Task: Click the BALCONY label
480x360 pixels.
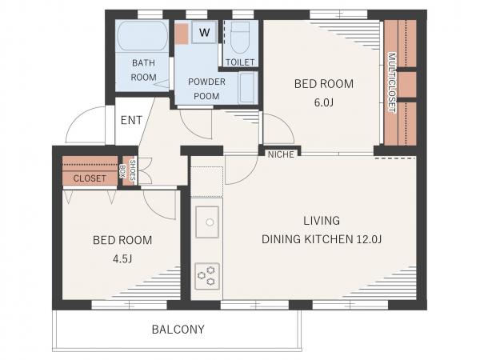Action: pyautogui.click(x=178, y=330)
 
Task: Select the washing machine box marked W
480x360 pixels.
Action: pyautogui.click(x=204, y=32)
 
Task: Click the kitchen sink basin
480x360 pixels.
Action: pyautogui.click(x=207, y=222)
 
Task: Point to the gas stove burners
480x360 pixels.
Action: pyautogui.click(x=207, y=276)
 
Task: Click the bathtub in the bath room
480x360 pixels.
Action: pyautogui.click(x=142, y=36)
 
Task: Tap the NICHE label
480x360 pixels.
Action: pyautogui.click(x=281, y=154)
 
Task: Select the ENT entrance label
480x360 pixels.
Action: pyautogui.click(x=131, y=120)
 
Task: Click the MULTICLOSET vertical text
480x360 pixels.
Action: pyautogui.click(x=392, y=82)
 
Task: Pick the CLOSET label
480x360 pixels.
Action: pyautogui.click(x=90, y=178)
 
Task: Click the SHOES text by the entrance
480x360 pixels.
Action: pyautogui.click(x=133, y=170)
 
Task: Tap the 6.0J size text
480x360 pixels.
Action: pyautogui.click(x=323, y=102)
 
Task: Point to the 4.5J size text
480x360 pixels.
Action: pyautogui.click(x=122, y=259)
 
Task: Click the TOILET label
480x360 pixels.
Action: pyautogui.click(x=240, y=62)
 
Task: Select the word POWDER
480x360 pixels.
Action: pyautogui.click(x=206, y=82)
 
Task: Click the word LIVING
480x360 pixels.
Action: pyautogui.click(x=322, y=221)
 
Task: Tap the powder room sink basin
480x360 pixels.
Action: pyautogui.click(x=248, y=88)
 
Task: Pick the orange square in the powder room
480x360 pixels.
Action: pyautogui.click(x=182, y=34)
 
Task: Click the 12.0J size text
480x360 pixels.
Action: pyautogui.click(x=369, y=239)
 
